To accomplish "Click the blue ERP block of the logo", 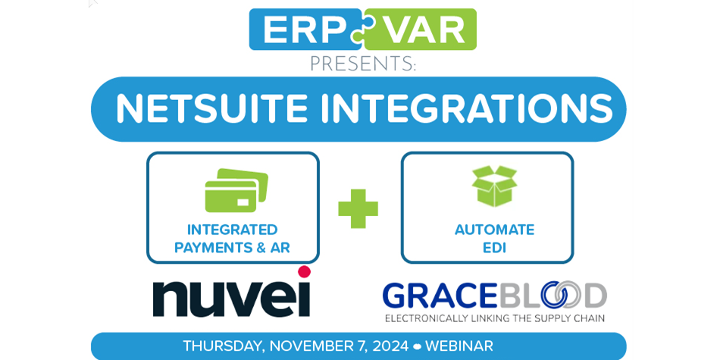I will (299, 30).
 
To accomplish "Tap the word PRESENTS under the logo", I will (362, 64).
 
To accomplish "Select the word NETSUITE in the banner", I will (211, 109).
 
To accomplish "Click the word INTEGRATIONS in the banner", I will (466, 109).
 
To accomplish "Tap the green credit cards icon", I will (236, 190).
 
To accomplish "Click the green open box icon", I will (494, 186).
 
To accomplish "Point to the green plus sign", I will (358, 208).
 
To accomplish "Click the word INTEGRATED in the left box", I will (232, 230).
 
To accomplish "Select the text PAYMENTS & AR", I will (232, 248).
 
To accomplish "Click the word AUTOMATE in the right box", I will (494, 230).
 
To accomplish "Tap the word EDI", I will (494, 248).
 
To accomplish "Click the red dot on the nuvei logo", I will (304, 271).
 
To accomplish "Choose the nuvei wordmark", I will (231, 298).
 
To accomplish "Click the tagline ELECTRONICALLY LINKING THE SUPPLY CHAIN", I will (494, 318).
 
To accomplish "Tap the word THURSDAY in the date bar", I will (223, 346).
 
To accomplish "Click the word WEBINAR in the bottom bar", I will (459, 346).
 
